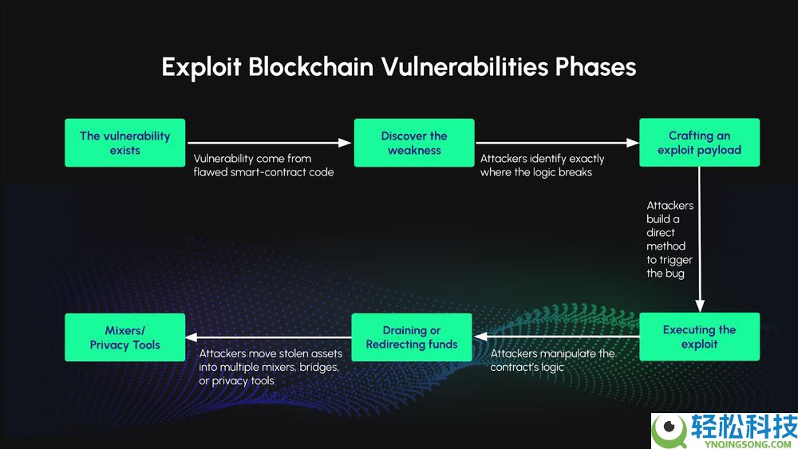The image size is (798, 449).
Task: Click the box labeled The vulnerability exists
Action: click(x=124, y=143)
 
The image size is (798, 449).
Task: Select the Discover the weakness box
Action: click(x=414, y=143)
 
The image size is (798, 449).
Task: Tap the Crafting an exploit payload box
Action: click(x=699, y=143)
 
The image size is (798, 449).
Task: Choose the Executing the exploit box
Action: click(x=699, y=337)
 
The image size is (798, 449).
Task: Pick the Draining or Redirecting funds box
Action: click(x=412, y=337)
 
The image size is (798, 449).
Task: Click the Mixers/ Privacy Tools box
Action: click(x=124, y=337)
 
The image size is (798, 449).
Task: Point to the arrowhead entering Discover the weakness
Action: click(x=346, y=143)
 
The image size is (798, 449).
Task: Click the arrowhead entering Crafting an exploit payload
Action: click(x=633, y=143)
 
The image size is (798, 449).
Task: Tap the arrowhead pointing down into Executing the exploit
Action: click(x=699, y=305)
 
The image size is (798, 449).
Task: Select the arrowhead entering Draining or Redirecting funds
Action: click(x=480, y=337)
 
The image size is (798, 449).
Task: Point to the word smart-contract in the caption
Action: click(x=268, y=172)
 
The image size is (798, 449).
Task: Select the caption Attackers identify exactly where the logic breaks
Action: click(x=543, y=165)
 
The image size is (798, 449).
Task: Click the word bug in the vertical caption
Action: click(x=675, y=274)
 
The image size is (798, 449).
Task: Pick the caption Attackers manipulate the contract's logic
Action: click(x=552, y=360)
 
